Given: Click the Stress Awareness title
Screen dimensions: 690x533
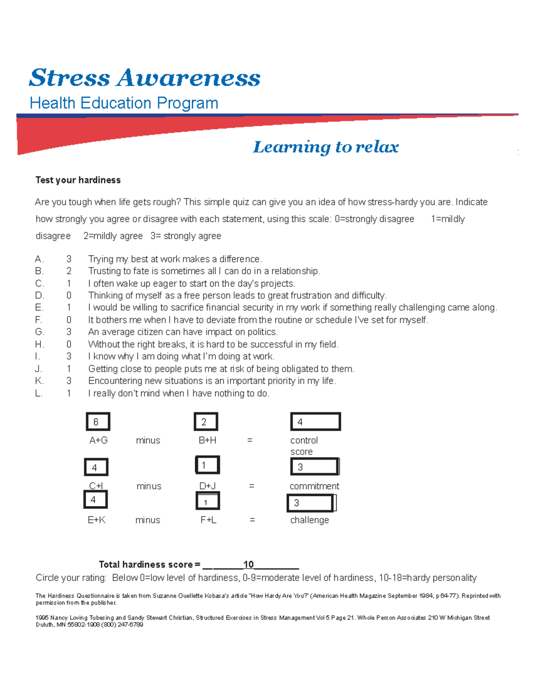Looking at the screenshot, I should (x=144, y=78).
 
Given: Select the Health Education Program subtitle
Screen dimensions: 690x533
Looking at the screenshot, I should (x=124, y=103).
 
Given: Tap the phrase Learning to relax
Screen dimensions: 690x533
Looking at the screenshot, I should (x=326, y=147).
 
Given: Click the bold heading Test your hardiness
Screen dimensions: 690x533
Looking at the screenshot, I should (x=78, y=180).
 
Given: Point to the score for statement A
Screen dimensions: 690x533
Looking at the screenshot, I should (x=69, y=259).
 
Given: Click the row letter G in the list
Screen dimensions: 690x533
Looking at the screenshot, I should (x=40, y=332).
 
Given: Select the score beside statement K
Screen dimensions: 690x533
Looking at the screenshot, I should (x=69, y=381).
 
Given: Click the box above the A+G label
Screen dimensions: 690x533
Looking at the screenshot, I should (x=98, y=422).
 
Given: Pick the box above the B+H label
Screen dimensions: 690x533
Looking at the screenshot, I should (x=206, y=422).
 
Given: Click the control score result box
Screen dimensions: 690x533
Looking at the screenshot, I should (x=315, y=422).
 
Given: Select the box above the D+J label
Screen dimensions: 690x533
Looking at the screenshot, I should (x=207, y=465).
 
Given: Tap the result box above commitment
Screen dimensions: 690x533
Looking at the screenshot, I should (x=315, y=467).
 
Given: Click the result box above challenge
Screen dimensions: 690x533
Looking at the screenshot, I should (x=311, y=503).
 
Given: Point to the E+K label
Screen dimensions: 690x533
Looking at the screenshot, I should (x=96, y=520).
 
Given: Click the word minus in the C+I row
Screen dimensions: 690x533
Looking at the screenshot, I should (x=149, y=486).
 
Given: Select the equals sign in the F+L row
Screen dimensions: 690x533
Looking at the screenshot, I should (x=252, y=520).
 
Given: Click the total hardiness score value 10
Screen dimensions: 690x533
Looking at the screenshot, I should (x=248, y=564).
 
